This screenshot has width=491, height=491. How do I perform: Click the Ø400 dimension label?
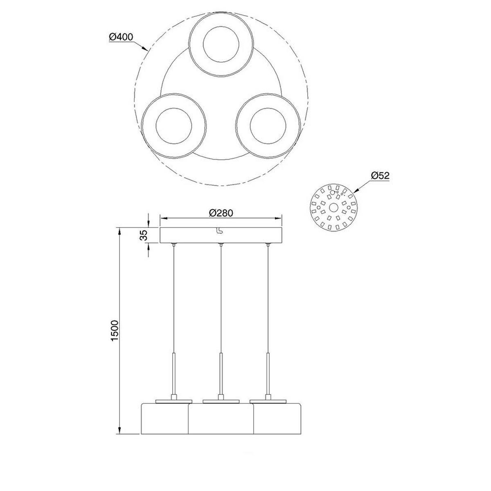tap(121, 37)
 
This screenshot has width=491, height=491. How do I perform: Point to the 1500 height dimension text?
tap(115, 331)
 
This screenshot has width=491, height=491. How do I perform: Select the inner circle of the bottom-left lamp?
tap(173, 126)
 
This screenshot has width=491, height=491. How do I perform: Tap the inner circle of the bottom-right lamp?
tap(268, 126)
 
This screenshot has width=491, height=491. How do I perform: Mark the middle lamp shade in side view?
tap(221, 419)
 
